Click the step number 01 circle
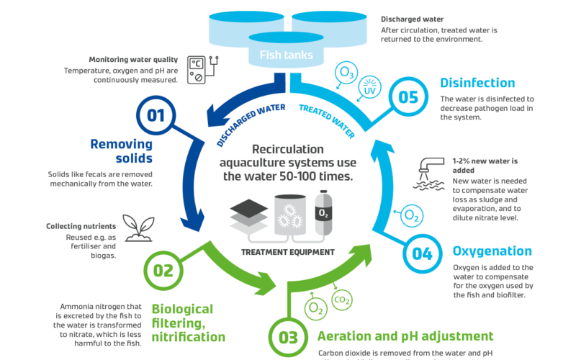[156, 114]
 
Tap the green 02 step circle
[163, 269]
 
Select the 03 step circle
[288, 337]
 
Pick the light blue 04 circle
[423, 252]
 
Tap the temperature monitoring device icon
[198, 71]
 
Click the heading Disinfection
[477, 83]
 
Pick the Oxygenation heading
[492, 251]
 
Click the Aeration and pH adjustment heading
[406, 336]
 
